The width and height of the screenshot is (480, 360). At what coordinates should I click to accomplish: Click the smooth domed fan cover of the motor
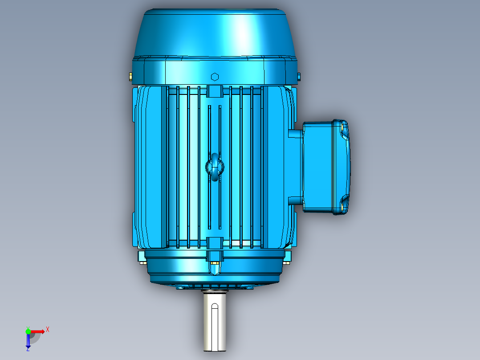pos(215,34)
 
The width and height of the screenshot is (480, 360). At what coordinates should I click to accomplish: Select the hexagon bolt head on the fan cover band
pos(215,77)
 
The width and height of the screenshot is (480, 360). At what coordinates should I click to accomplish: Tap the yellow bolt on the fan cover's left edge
pos(131,77)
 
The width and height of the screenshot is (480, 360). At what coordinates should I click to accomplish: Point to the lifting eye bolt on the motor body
pos(215,167)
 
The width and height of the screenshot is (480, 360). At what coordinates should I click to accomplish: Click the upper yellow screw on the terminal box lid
pos(342,127)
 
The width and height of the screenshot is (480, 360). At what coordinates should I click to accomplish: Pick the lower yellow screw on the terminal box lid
pos(342,207)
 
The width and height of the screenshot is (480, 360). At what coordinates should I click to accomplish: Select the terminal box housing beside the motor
pos(326,167)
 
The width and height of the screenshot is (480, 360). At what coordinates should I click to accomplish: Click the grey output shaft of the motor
pos(215,321)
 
